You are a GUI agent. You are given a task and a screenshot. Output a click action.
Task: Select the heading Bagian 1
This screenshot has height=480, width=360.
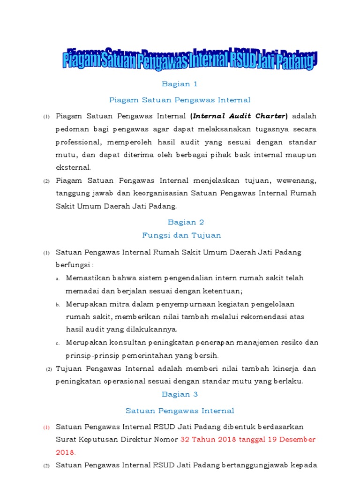click(180, 84)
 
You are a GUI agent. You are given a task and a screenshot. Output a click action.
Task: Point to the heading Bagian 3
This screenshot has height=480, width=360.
click(180, 394)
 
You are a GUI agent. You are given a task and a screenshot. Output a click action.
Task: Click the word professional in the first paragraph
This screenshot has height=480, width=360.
click(79, 142)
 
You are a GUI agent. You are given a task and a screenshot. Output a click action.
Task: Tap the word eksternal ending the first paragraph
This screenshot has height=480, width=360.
click(73, 167)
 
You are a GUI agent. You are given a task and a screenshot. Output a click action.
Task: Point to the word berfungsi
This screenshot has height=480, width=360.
click(74, 265)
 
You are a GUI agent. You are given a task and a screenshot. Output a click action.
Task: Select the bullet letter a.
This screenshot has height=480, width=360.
click(57, 278)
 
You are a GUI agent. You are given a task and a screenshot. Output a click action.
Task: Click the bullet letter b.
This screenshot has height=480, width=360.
click(57, 304)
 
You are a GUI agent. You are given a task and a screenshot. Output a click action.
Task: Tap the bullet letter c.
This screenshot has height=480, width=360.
click(57, 343)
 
